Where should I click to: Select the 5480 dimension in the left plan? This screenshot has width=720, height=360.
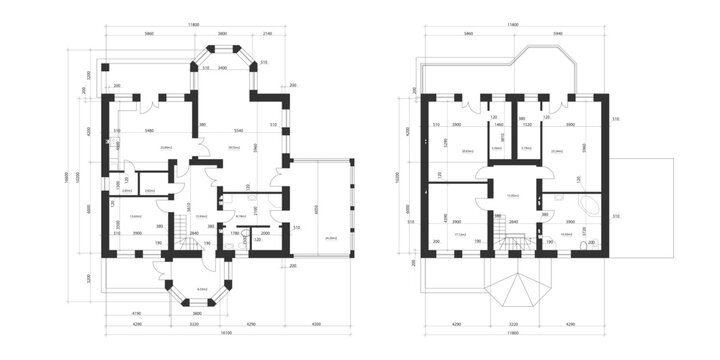coord(149,131)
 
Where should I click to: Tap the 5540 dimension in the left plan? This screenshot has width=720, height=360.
coord(238,131)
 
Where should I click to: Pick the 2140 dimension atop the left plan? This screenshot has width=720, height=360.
coord(267,33)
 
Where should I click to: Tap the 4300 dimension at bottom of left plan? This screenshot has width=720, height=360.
coord(317,324)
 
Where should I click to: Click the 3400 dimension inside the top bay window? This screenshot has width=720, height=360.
coord(222,69)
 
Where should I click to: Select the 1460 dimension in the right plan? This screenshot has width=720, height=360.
coord(498,125)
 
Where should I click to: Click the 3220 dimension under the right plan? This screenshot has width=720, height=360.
coord(513,324)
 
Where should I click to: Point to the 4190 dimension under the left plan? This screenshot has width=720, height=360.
coord(136,314)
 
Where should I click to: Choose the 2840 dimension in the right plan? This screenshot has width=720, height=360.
coord(513,222)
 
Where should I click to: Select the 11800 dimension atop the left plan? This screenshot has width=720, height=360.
coord(190,23)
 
